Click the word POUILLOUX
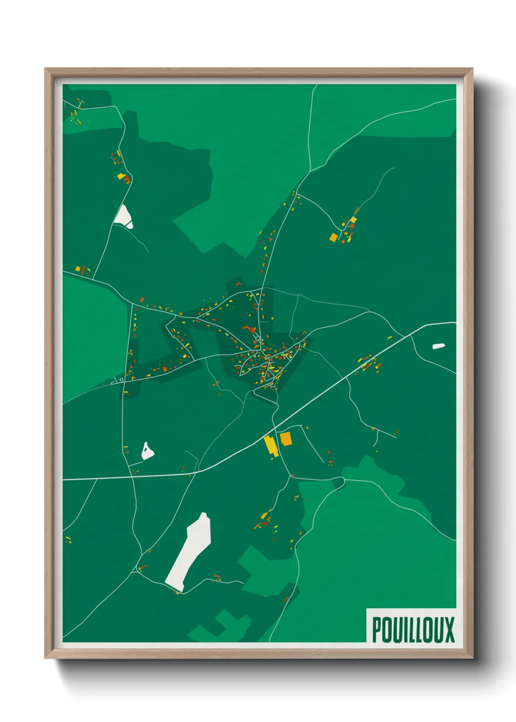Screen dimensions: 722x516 point(413,630)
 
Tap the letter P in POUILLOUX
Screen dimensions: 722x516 point(377,630)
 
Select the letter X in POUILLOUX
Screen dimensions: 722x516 point(449,630)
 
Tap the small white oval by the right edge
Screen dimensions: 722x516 point(438,346)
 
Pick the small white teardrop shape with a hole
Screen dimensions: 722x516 point(147,451)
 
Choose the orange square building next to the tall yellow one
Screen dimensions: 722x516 point(285,439)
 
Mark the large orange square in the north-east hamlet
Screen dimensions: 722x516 point(334,238)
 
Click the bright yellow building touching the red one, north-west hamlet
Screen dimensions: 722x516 point(120,176)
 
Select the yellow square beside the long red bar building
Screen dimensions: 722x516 point(78,268)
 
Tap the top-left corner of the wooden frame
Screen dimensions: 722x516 point(45,69)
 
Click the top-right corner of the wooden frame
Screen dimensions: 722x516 point(473,69)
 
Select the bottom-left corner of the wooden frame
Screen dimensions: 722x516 point(45,658)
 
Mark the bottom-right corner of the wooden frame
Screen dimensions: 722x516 point(473,658)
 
